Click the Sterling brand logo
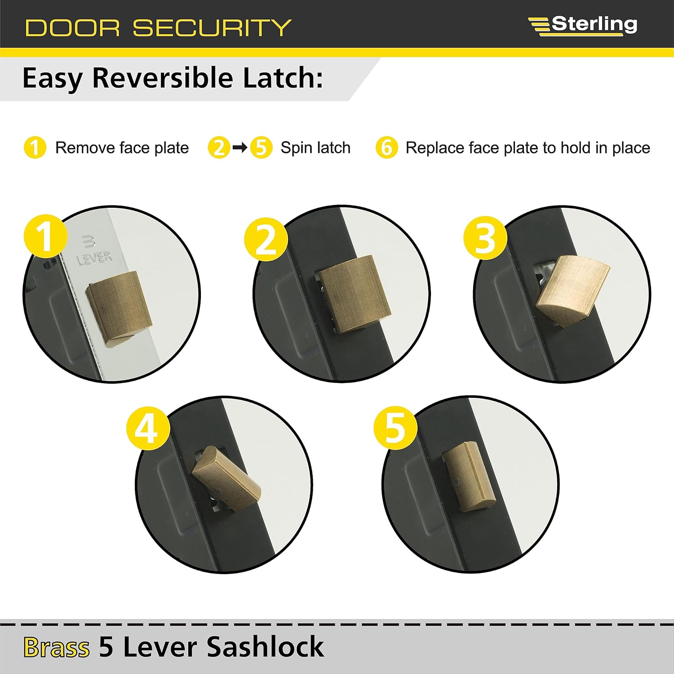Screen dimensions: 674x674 coord(583,24)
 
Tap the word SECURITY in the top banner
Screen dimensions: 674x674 coord(212,28)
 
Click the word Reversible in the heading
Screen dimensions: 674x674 coord(164,78)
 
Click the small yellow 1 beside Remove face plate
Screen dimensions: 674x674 coord(35,147)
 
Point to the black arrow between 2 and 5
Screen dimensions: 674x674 coord(240,147)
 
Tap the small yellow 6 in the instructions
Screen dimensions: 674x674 coord(386,147)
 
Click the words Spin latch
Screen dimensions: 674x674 coord(315,147)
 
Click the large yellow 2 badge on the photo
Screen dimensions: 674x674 coord(266,239)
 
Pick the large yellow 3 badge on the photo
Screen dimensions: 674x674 coord(485,238)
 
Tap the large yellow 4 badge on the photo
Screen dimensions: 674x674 coord(148,428)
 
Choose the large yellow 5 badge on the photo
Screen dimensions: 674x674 coord(395,428)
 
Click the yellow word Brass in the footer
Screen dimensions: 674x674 coord(57,647)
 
